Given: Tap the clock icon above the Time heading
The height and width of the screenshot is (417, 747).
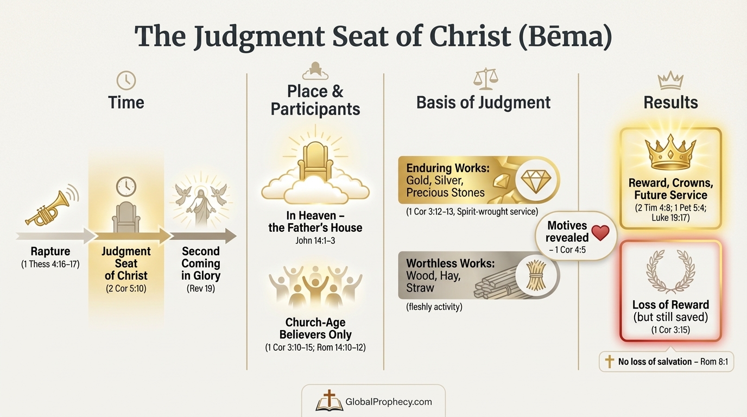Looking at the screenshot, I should (126, 80).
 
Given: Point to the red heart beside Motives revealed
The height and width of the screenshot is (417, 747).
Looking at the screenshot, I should (600, 232).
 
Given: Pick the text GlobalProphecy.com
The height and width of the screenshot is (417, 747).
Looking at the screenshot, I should (389, 402).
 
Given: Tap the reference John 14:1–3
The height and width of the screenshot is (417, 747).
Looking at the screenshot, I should (315, 240).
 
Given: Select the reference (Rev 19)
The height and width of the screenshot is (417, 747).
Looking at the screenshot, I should (201, 288).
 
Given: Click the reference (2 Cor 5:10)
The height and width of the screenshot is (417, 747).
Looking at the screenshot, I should (126, 288).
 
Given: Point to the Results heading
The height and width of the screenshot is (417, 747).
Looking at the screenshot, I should (670, 102).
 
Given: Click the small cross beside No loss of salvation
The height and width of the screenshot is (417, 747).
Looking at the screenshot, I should (610, 361).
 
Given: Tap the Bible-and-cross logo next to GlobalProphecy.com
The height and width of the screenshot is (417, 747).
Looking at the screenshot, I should (330, 401).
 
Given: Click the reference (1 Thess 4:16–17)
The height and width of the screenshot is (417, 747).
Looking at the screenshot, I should (50, 264).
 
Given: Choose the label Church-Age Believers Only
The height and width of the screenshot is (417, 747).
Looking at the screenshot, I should (315, 328).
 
